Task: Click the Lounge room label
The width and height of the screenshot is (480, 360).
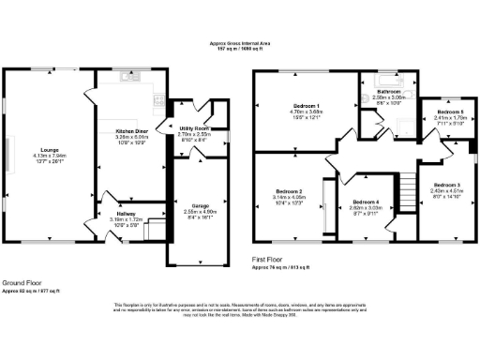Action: click(x=46, y=148)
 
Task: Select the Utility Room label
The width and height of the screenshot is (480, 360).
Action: click(x=193, y=128)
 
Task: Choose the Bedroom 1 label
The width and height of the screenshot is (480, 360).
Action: click(x=306, y=105)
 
